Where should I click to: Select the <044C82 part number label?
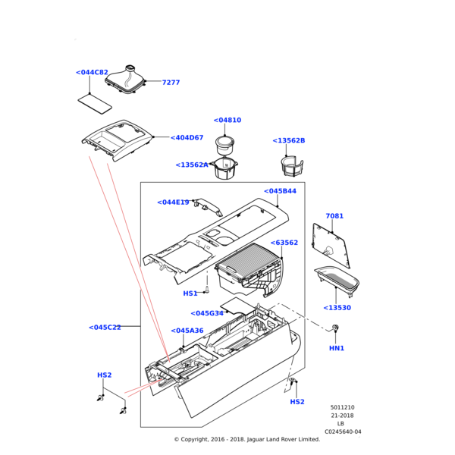[92, 73]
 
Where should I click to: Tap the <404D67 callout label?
[187, 138]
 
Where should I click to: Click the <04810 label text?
[227, 121]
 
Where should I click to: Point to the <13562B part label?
[288, 141]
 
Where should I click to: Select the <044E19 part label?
[173, 202]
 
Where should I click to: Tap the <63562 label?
[284, 243]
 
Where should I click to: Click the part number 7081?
[334, 216]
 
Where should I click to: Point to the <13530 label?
[337, 308]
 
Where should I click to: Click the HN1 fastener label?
[337, 348]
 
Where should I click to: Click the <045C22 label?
[105, 328]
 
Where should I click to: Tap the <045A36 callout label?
[187, 331]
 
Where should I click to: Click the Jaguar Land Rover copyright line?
[246, 439]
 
